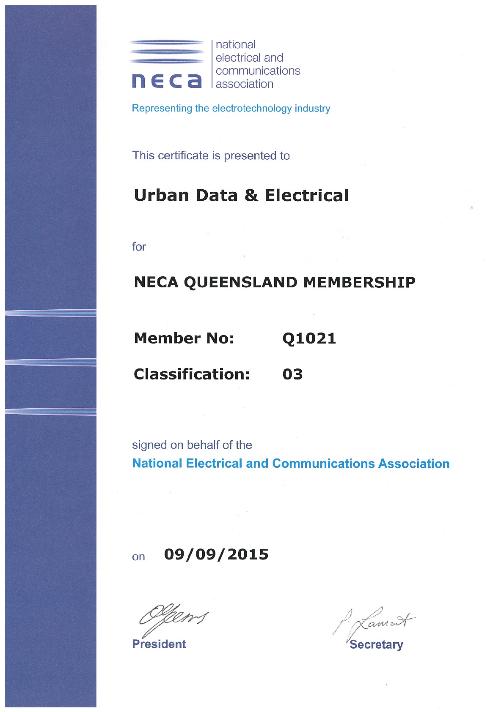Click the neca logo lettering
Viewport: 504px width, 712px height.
click(167, 80)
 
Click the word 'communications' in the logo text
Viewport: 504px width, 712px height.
click(258, 71)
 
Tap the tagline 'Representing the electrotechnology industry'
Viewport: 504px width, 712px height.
click(231, 108)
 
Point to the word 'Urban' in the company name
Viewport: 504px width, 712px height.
click(161, 195)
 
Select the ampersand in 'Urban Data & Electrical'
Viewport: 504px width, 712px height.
click(251, 195)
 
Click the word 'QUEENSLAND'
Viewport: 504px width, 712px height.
click(240, 282)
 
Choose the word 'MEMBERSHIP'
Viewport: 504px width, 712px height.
click(359, 282)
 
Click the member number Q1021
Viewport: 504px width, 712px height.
click(309, 338)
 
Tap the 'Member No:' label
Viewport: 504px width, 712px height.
click(184, 338)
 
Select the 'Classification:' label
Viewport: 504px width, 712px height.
click(192, 374)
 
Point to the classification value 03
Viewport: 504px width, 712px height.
click(292, 374)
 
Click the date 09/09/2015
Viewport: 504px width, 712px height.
click(216, 554)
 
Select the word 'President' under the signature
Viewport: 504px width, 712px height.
click(159, 644)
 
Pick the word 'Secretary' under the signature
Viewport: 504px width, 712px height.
click(376, 644)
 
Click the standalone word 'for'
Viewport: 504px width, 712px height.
click(139, 246)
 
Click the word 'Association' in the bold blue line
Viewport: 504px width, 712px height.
click(413, 464)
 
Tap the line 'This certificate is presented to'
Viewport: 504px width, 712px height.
click(211, 155)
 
